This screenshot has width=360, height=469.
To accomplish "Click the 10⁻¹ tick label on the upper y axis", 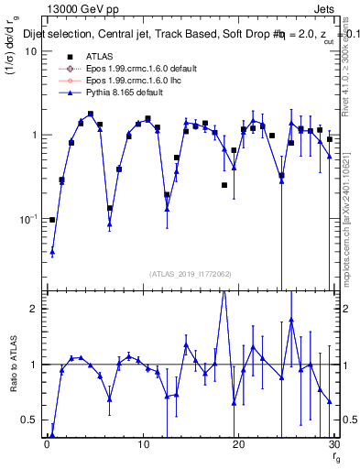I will click(27, 219).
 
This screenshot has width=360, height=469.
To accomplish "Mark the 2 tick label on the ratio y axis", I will click(34, 309).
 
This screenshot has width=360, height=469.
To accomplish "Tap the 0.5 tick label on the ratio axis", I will click(29, 420).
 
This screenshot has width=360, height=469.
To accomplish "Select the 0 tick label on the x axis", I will click(47, 444).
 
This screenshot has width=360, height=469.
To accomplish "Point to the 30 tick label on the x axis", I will click(333, 444).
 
